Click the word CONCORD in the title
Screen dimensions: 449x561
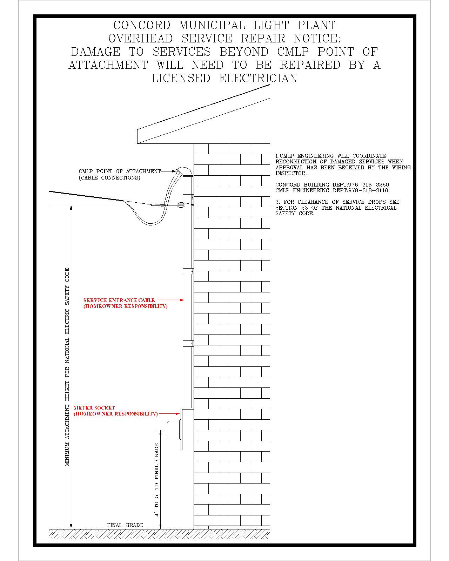tap(142, 25)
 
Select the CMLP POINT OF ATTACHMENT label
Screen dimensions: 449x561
tap(120, 171)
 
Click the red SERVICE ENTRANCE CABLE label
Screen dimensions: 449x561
tap(119, 300)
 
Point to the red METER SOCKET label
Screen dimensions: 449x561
tap(94, 408)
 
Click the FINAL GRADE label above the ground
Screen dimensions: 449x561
tap(125, 525)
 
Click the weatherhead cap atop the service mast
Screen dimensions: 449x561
tap(184, 172)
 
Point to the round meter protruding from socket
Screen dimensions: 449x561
tap(173, 429)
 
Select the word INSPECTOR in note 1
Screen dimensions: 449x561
tap(291, 174)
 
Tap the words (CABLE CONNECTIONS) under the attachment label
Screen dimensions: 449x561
tap(109, 177)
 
